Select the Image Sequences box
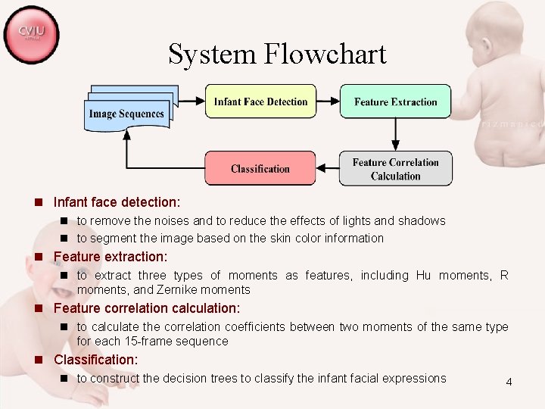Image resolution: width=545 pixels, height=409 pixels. coord(126,114)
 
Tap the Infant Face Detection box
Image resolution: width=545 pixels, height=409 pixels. coord(260,101)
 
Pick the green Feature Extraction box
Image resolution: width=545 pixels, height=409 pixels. coord(395,101)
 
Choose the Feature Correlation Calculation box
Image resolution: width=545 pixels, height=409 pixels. coord(395,169)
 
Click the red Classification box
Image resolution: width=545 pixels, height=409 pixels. coord(260,168)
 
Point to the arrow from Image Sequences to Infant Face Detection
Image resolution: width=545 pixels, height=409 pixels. coord(191,101)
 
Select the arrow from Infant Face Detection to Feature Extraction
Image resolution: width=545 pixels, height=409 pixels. coord(327,101)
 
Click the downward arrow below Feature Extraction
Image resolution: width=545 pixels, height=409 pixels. coord(395,135)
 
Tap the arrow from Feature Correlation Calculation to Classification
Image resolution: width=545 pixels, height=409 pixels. coord(327,168)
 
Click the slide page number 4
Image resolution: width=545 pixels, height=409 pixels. coord(509,382)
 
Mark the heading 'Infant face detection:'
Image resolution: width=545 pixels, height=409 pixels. coord(117,203)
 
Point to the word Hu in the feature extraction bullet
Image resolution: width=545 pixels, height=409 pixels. coord(423,276)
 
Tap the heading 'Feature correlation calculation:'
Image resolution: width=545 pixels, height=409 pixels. coord(147,308)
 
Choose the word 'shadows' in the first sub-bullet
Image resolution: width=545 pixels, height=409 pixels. coord(419,221)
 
